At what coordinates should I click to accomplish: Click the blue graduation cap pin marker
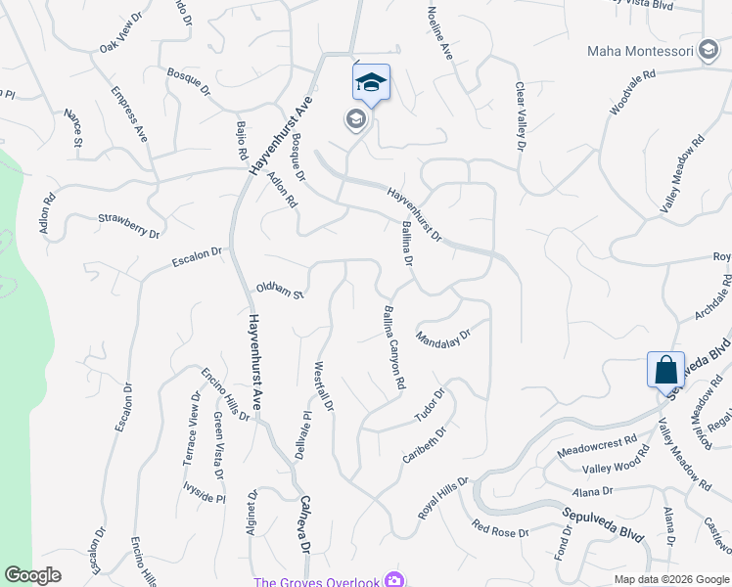point(371,82)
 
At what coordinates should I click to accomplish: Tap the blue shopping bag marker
point(665,371)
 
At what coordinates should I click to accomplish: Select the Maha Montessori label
point(643,51)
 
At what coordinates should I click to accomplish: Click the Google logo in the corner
point(32,575)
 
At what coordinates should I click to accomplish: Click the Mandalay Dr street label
point(443,338)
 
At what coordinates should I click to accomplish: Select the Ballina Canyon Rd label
point(391,348)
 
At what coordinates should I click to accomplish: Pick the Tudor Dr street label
point(430,405)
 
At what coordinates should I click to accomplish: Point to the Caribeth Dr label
point(425,445)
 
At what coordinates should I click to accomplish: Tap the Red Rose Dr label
point(499,529)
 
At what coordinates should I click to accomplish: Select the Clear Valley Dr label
point(520,116)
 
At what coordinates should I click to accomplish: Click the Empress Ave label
point(128,114)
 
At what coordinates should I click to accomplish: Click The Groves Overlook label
point(316,582)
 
